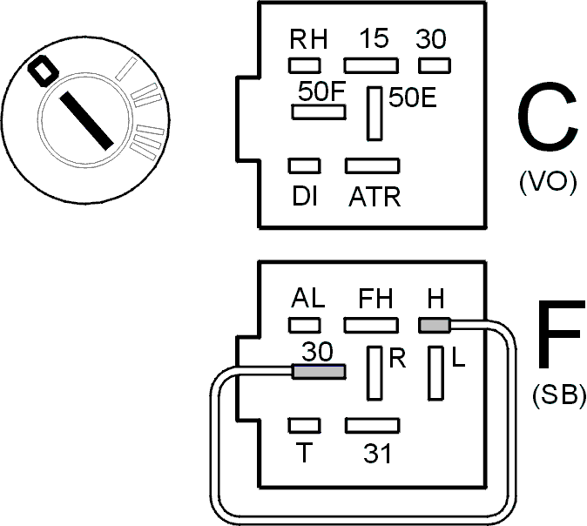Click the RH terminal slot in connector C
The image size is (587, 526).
click(x=304, y=65)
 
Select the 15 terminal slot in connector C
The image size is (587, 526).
click(x=371, y=65)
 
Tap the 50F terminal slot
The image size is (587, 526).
click(x=319, y=112)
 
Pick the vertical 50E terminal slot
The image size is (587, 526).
click(x=374, y=113)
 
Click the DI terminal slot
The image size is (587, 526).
click(x=304, y=165)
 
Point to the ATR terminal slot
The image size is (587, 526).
click(x=373, y=165)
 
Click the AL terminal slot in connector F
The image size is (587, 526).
click(x=304, y=325)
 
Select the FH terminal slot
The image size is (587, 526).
click(x=371, y=325)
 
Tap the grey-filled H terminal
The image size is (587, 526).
click(x=435, y=325)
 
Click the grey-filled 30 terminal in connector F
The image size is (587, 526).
click(x=319, y=372)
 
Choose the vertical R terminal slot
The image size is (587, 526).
click(x=374, y=374)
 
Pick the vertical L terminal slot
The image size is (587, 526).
click(x=435, y=374)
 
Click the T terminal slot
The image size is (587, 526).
click(x=304, y=426)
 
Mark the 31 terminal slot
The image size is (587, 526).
click(x=373, y=426)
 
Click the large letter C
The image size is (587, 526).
click(x=547, y=118)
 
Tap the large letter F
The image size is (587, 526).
click(x=561, y=334)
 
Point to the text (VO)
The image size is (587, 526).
click(x=548, y=183)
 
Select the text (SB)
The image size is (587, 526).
click(x=558, y=394)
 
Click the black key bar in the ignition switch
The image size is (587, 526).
click(x=86, y=120)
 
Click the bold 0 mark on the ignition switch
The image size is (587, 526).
click(x=44, y=71)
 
